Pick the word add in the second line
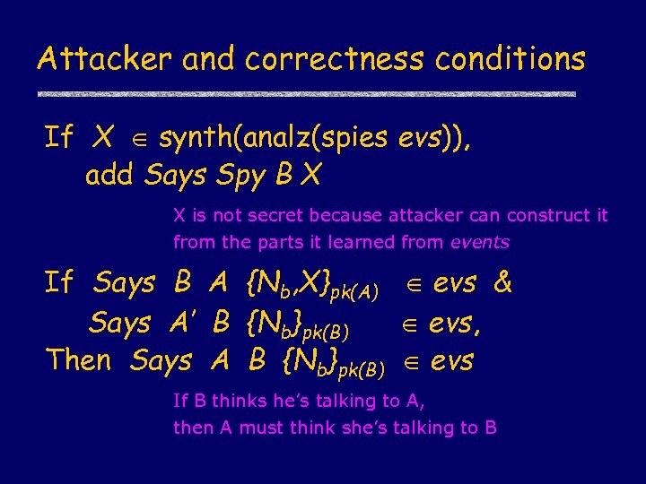tap(110, 177)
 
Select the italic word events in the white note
tap(479, 242)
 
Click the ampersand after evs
tap(503, 284)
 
